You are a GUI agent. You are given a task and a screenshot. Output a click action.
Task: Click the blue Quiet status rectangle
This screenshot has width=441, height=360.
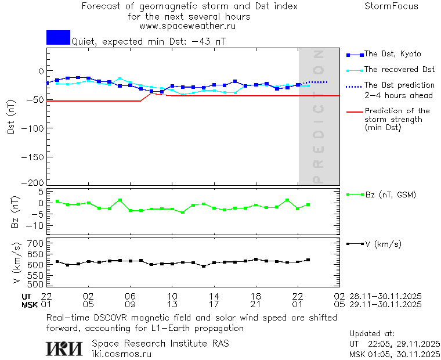click(x=58, y=37)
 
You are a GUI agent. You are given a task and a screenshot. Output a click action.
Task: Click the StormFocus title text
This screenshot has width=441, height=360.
click(x=391, y=6)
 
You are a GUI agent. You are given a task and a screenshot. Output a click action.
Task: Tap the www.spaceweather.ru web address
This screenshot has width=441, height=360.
click(x=187, y=26)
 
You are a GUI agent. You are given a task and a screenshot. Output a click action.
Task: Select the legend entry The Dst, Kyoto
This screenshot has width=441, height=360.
click(x=392, y=54)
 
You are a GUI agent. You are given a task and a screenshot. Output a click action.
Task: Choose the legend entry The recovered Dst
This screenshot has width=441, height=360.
click(x=399, y=70)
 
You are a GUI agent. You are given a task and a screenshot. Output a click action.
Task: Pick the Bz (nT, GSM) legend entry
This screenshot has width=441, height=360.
click(x=391, y=195)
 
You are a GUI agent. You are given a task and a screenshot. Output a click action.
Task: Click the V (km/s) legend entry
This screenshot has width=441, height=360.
click(x=382, y=244)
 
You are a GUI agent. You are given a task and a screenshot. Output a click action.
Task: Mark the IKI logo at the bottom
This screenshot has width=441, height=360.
click(x=65, y=348)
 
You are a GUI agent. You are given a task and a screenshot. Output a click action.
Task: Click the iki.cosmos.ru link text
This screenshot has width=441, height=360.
click(x=121, y=354)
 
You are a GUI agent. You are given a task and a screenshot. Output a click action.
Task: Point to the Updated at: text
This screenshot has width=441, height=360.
click(x=372, y=334)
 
